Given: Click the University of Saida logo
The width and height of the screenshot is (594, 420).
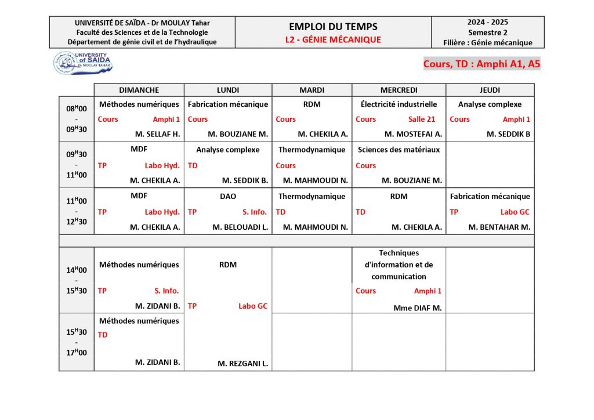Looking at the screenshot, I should (83, 63).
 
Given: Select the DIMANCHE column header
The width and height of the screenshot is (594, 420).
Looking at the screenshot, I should (139, 90).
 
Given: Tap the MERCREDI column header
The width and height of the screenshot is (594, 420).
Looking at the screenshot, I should (399, 90).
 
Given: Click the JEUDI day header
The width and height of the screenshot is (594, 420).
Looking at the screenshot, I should (490, 90).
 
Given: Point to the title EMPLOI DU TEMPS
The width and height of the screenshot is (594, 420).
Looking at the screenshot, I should (333, 27).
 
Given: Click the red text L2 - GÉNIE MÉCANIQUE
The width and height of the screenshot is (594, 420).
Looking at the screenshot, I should (333, 39).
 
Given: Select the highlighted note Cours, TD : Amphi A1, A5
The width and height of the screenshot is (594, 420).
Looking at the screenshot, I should (481, 64).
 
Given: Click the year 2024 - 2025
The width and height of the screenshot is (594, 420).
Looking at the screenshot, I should (487, 22).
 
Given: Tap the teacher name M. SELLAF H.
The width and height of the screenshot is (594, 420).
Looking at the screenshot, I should (158, 134).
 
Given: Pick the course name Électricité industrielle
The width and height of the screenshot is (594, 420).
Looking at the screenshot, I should (399, 104).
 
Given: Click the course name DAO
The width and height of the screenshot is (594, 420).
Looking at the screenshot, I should (228, 196).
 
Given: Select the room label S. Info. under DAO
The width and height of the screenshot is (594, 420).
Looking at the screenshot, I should (255, 212).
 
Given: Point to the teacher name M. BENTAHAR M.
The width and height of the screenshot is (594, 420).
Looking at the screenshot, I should (499, 227).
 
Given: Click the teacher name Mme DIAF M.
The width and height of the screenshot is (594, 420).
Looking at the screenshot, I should (417, 308).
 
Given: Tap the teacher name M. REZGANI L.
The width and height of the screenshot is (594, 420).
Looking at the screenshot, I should (242, 364).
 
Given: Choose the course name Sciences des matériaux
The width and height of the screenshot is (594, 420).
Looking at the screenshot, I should (399, 150).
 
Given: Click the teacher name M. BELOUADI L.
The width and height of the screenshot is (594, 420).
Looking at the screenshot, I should (240, 227).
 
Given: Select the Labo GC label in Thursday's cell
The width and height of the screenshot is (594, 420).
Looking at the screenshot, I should (515, 212).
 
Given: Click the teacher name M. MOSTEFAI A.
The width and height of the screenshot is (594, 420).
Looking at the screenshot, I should (413, 134).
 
